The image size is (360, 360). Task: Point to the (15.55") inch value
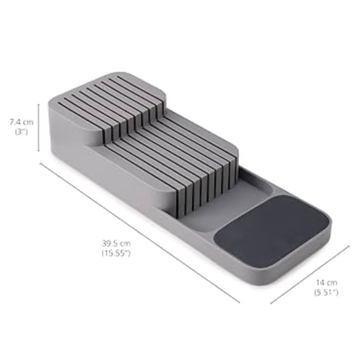coord(117,253)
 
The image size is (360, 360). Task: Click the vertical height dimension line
coord(38,128)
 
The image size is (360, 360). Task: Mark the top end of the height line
coord(38,104)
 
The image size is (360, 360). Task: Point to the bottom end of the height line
coord(38,151)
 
